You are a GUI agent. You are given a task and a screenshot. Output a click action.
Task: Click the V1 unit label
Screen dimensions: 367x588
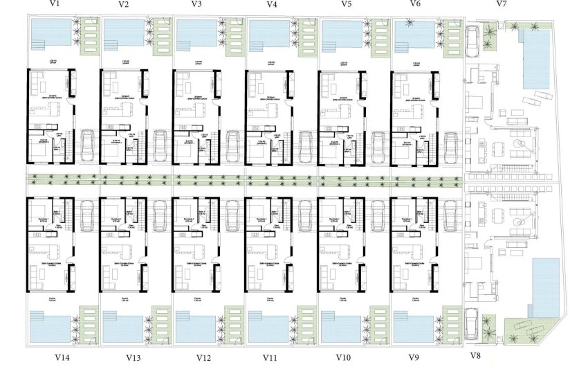[55, 4]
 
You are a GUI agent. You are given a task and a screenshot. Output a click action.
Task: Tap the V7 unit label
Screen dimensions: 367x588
[502, 4]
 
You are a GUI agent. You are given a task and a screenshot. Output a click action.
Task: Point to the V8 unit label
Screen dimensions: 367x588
[475, 356]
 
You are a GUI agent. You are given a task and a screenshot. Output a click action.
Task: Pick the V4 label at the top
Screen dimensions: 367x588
[272, 4]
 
